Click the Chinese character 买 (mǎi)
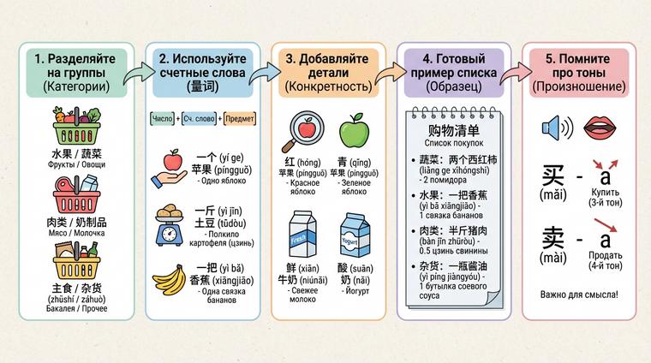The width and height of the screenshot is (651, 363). point(553,178)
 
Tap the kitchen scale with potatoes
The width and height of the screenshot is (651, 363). point(172,224)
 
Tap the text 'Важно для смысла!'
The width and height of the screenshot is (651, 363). point(579,295)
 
